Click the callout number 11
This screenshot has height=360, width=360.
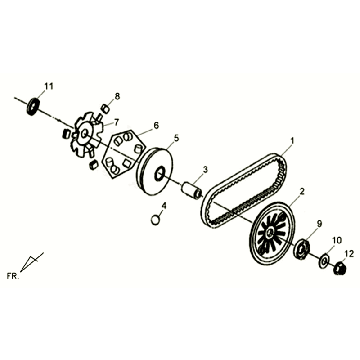[49, 86]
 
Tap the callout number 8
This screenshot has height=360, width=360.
[117, 96]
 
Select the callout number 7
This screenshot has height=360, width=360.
[116, 122]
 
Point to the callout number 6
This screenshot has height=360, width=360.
[156, 125]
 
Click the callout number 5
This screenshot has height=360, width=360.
[176, 137]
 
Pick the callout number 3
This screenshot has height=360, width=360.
[205, 169]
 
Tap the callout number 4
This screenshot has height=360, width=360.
[164, 206]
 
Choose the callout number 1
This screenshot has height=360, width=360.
[292, 141]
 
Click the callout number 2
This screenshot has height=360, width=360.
[302, 191]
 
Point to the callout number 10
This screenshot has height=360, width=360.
[337, 240]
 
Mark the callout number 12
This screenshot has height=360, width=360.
[349, 254]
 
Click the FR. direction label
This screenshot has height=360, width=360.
[13, 276]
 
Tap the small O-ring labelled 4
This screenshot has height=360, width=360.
[155, 220]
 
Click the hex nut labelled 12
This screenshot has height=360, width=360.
[339, 268]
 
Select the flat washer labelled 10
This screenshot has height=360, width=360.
[323, 260]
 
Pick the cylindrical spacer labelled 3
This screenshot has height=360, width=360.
[191, 190]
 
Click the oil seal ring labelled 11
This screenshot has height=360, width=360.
[33, 107]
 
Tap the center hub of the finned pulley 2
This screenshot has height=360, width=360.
[270, 232]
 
